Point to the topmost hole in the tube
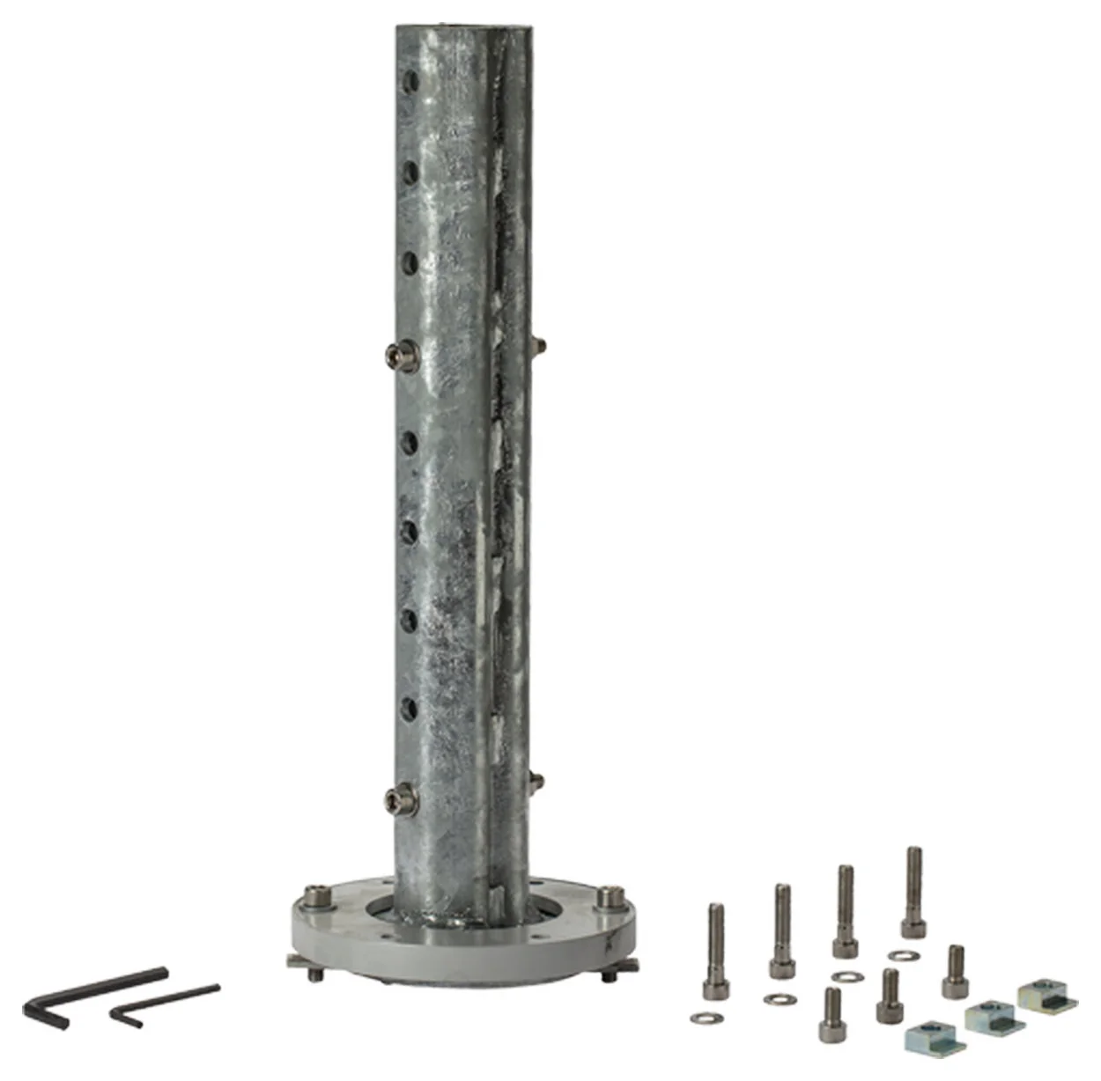[x=411, y=84]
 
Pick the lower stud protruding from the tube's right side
[x=536, y=780]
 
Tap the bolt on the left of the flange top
[x=319, y=900]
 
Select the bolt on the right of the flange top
[x=607, y=898]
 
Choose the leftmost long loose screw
[x=716, y=951]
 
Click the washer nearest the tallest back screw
[x=899, y=955]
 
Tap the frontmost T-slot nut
[x=935, y=1036]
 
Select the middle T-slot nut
[x=994, y=1017]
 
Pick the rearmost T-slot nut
[x=1047, y=996]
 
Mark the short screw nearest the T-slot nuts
[x=955, y=972]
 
